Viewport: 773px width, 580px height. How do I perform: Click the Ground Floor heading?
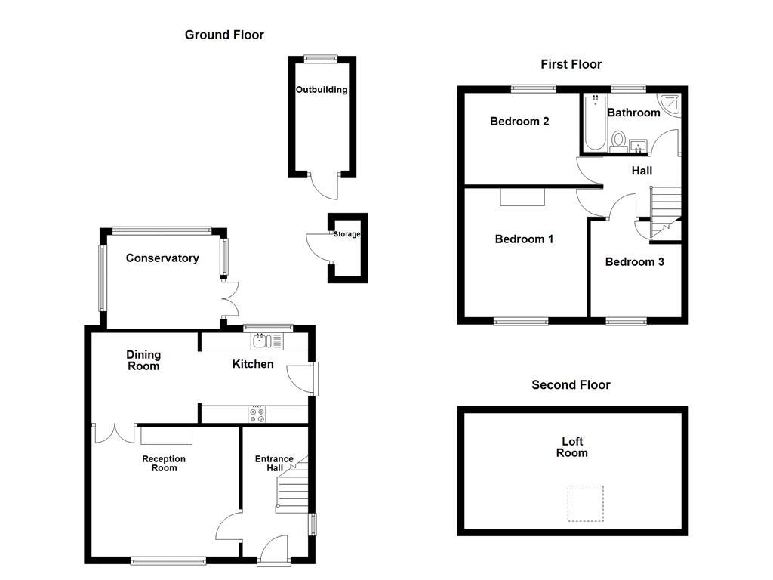(224, 35)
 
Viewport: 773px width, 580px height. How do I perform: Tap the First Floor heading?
(571, 64)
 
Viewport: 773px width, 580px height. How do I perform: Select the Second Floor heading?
(571, 384)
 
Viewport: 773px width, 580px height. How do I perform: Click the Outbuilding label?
(322, 90)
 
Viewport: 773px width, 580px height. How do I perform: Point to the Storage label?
(347, 234)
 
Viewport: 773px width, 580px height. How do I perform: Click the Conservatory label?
(162, 258)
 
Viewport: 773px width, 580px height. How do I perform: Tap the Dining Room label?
(143, 360)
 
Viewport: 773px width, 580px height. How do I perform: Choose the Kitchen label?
(253, 365)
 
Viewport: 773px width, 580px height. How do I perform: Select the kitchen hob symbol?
(257, 414)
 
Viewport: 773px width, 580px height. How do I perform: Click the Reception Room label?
(164, 463)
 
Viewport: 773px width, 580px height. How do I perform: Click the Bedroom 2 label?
(519, 122)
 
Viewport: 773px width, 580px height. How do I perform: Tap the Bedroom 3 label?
(634, 262)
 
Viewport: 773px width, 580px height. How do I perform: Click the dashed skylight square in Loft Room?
(586, 504)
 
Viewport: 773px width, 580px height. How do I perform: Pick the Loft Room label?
(572, 447)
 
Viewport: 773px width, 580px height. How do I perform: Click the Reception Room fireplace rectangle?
(166, 436)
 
